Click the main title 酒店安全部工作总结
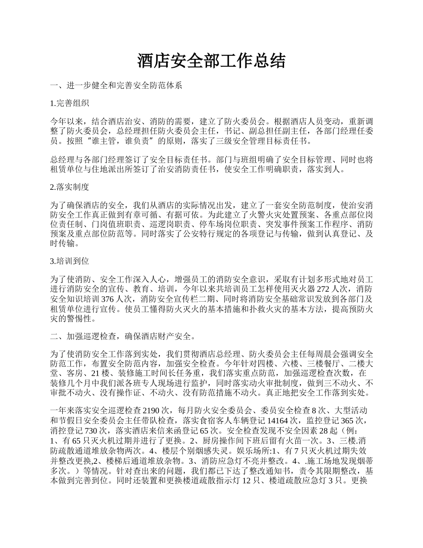(211, 61)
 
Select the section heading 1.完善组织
(70, 103)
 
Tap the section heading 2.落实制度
(70, 187)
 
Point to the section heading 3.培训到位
(70, 262)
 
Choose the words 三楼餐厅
(322, 363)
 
